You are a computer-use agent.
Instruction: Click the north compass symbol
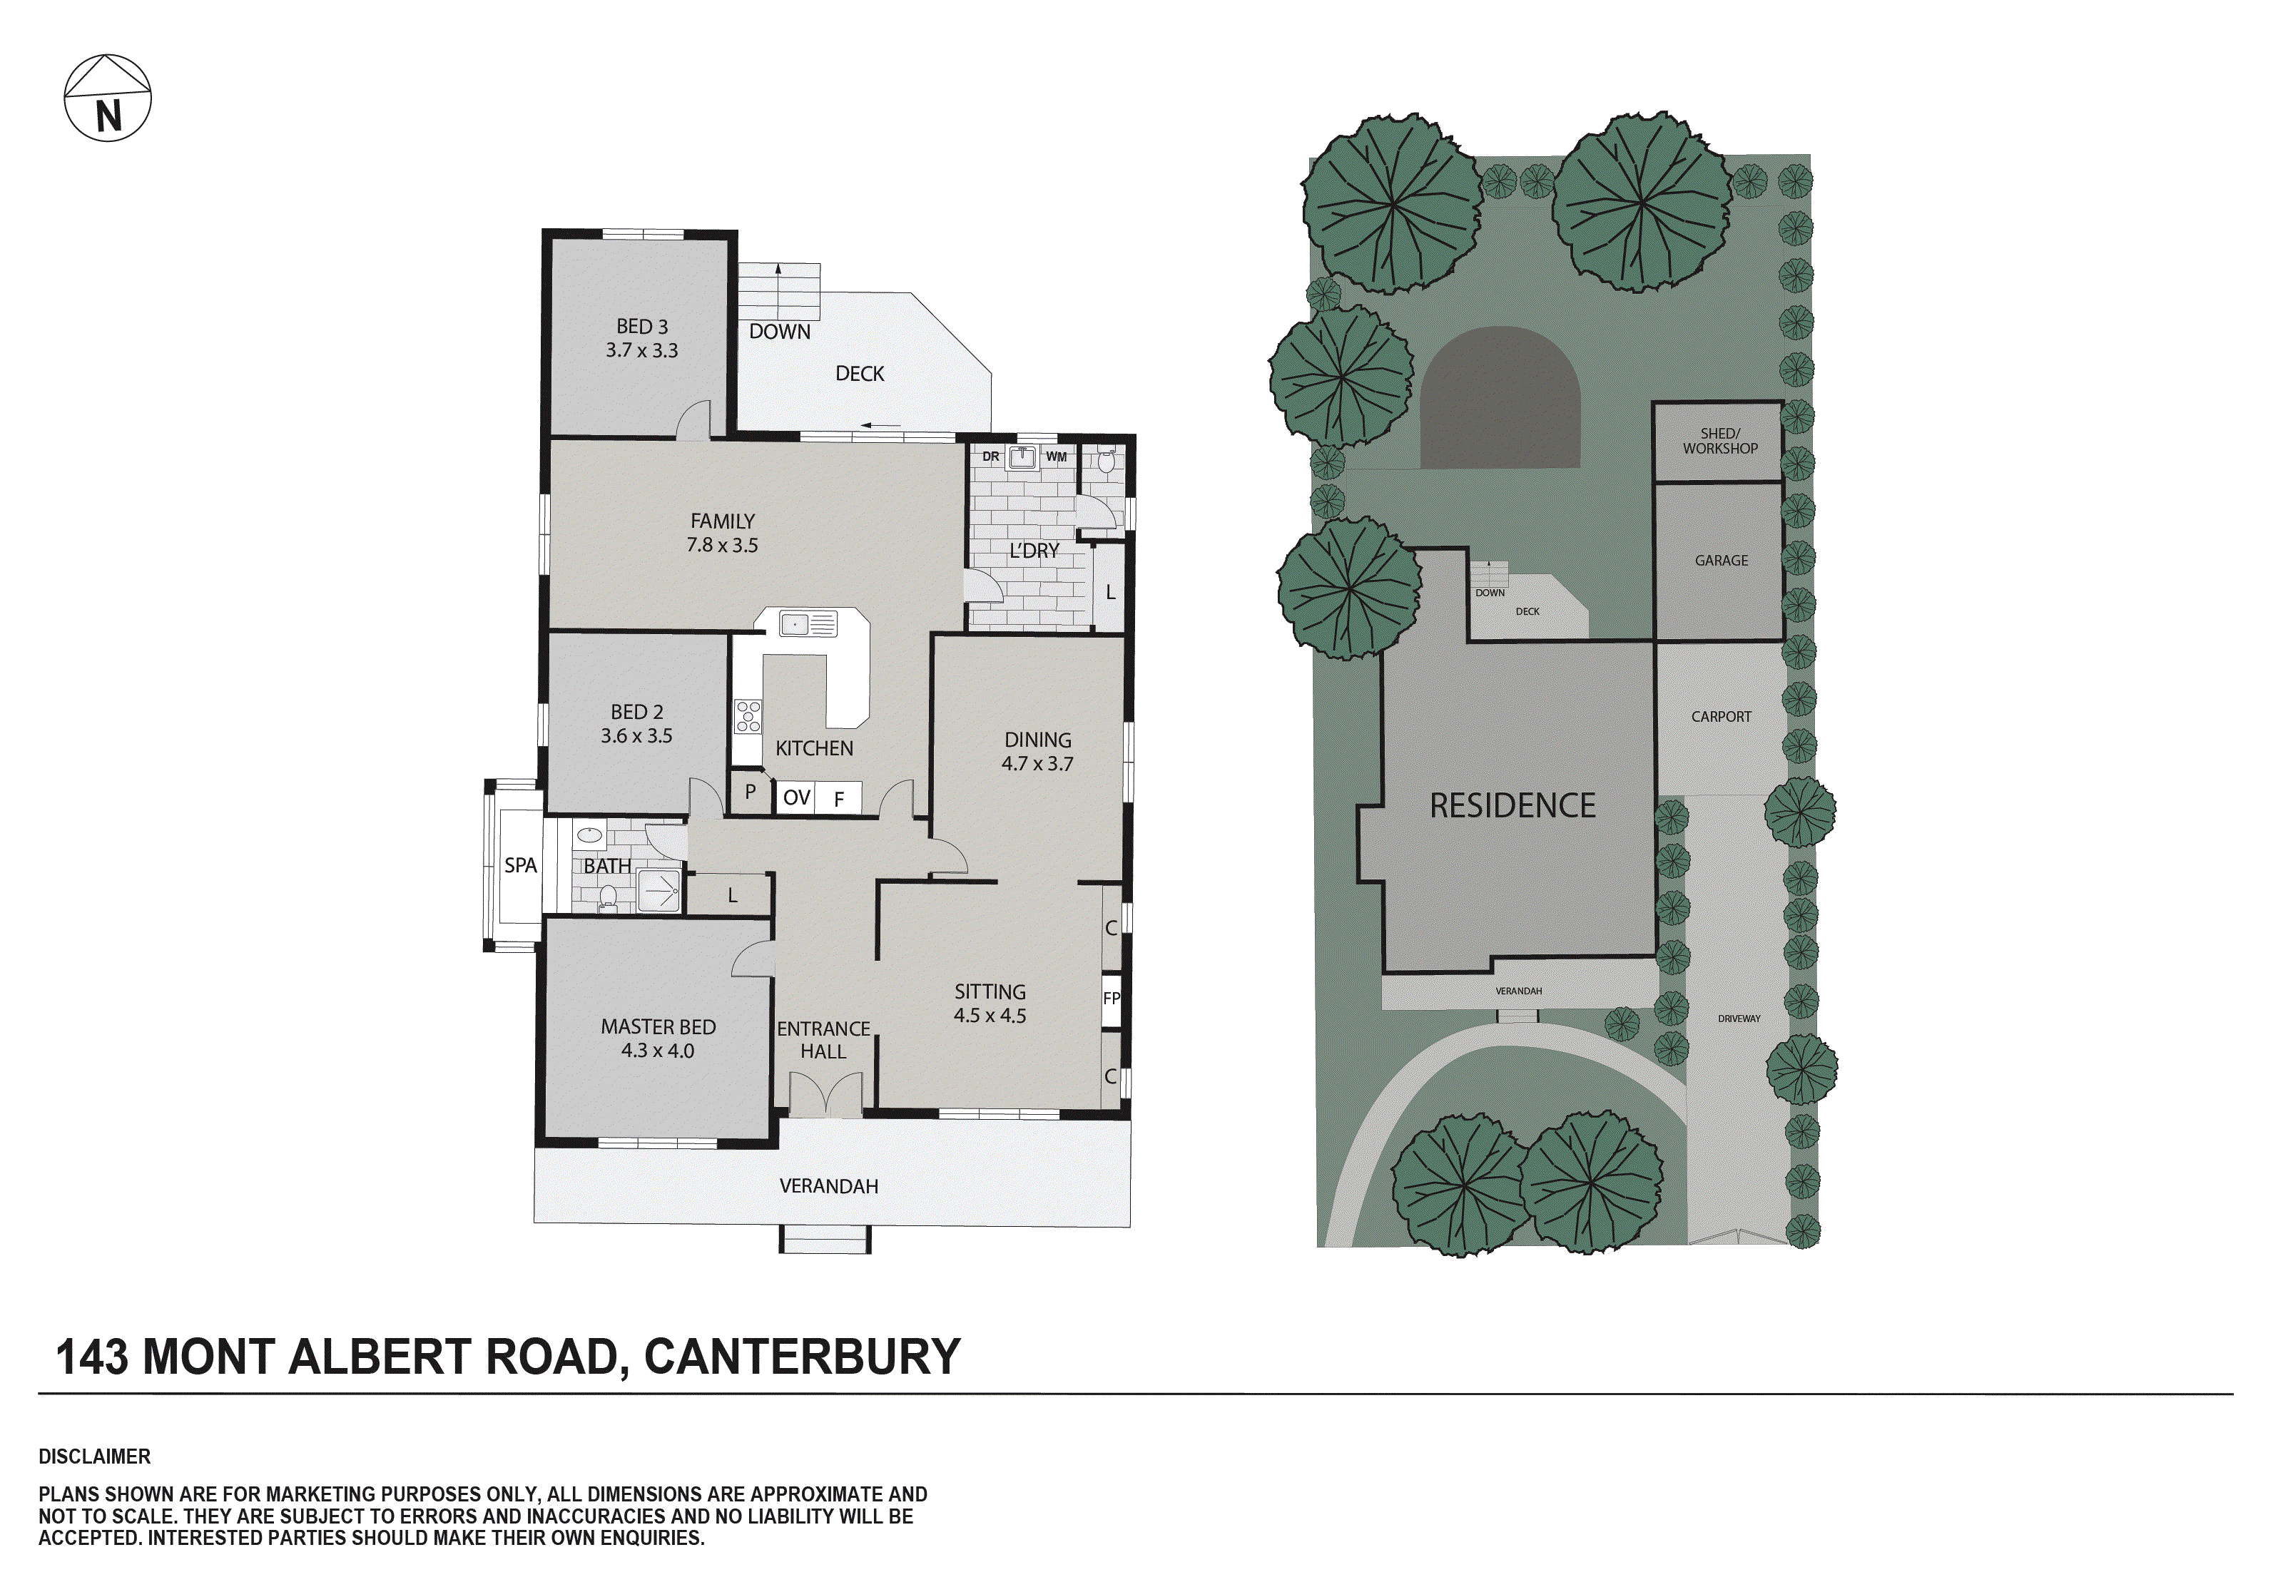(107, 98)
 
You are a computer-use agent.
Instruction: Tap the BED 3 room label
(641, 327)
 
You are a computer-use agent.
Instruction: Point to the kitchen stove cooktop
(748, 716)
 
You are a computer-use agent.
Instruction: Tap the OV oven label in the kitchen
(797, 797)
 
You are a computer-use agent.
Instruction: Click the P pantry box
(751, 792)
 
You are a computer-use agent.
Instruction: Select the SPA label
(520, 865)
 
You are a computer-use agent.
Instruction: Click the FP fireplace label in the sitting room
(1112, 998)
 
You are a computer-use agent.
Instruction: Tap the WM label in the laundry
(1057, 456)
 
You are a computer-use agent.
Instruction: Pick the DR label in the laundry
(990, 456)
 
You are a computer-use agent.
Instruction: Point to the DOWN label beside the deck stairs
(779, 332)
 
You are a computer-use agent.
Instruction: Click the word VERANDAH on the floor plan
(828, 1186)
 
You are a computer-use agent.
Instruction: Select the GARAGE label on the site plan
(1721, 561)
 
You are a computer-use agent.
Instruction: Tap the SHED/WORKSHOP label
(1719, 441)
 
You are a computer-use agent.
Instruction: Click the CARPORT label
(1721, 716)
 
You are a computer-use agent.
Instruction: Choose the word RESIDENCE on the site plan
(1512, 806)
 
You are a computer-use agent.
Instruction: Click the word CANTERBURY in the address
(802, 1357)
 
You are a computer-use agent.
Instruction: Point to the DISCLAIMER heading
(95, 1456)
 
